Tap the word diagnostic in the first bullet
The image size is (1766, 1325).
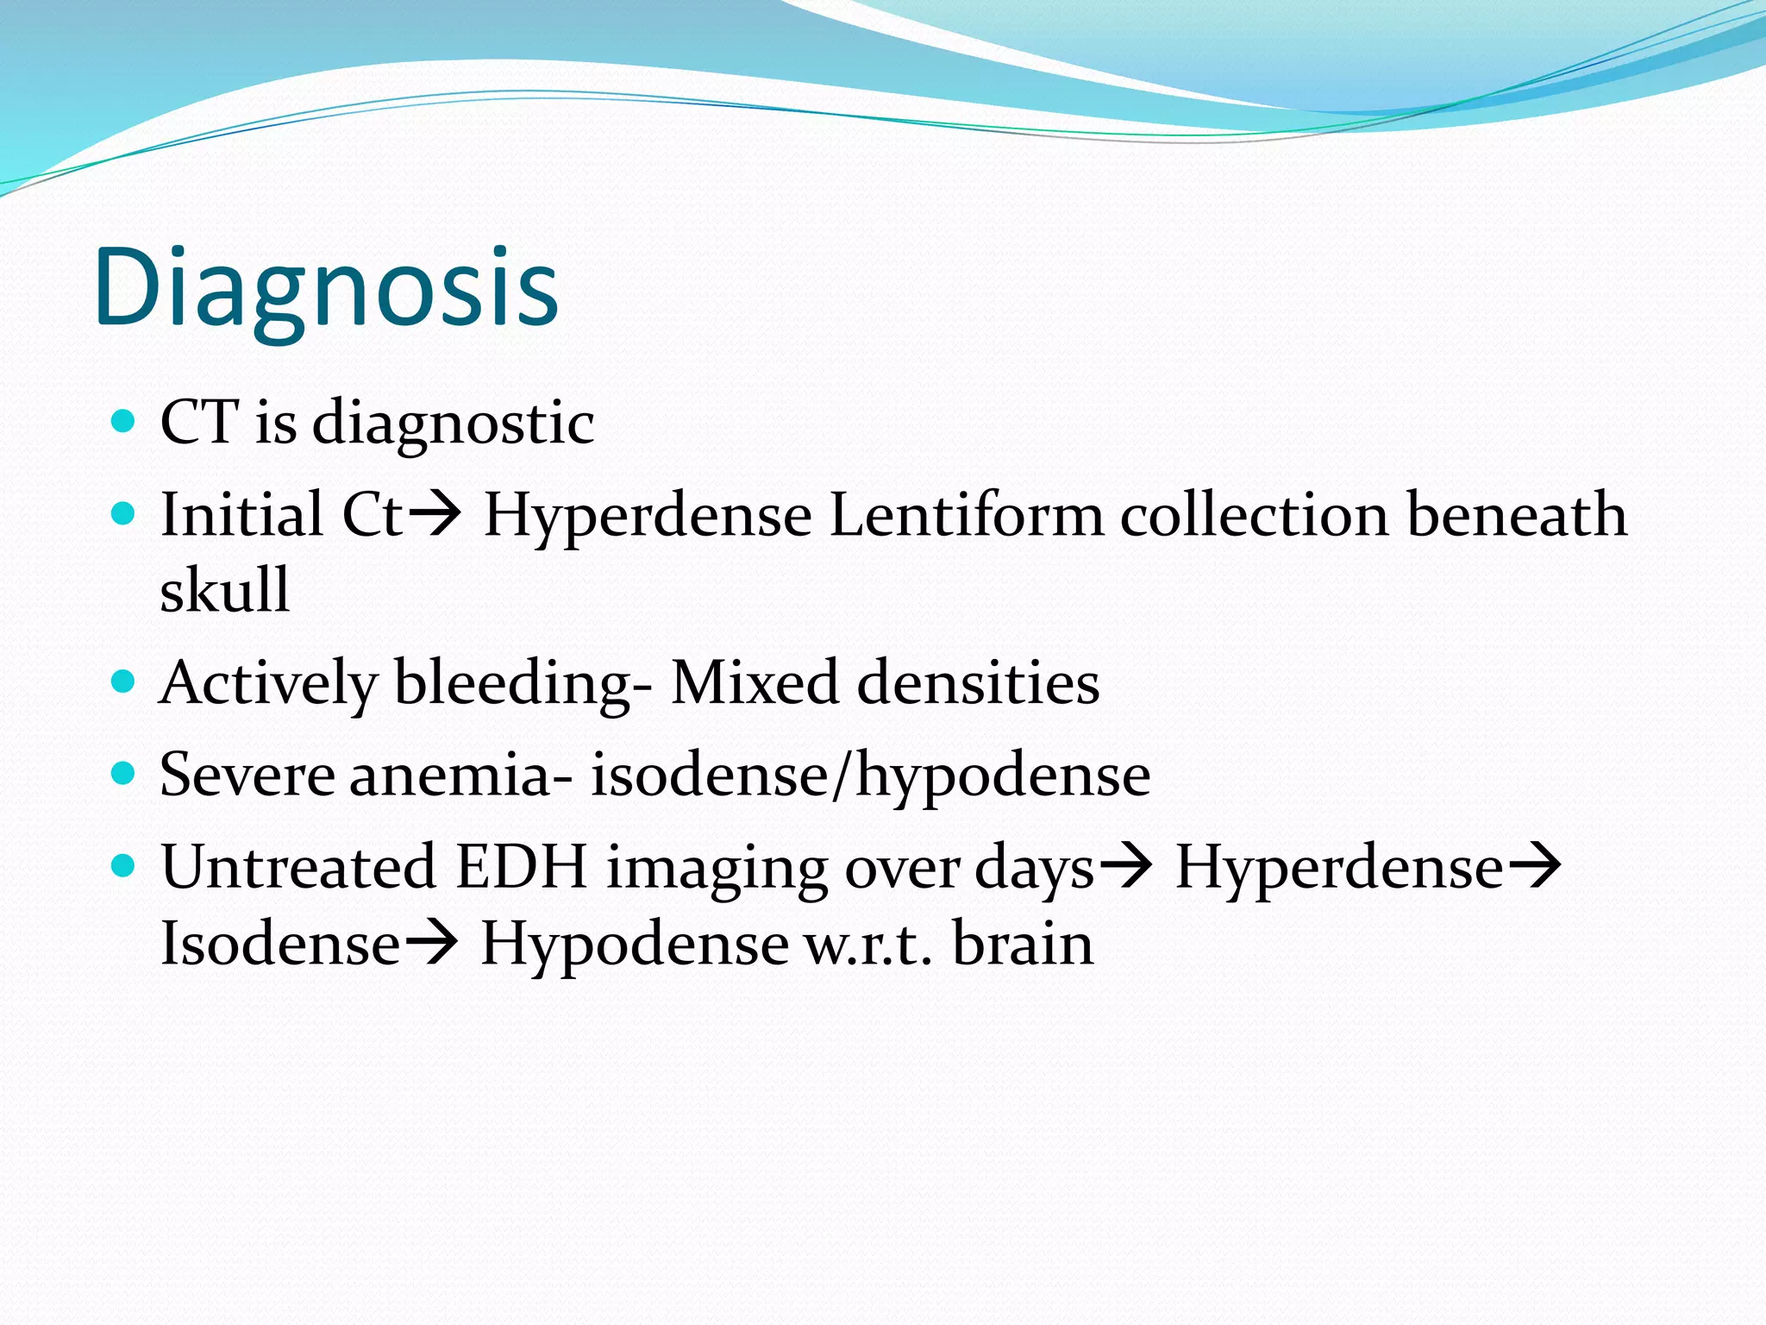click(453, 423)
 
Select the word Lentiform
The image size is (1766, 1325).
click(966, 515)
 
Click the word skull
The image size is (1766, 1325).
click(224, 591)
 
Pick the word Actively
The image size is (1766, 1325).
click(268, 683)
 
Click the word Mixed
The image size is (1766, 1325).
click(755, 683)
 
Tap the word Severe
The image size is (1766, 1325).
click(247, 775)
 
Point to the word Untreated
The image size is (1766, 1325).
click(297, 867)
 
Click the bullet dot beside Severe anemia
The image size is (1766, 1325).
click(124, 771)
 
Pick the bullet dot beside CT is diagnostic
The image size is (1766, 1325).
click(124, 420)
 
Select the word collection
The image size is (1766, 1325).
click(1255, 515)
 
